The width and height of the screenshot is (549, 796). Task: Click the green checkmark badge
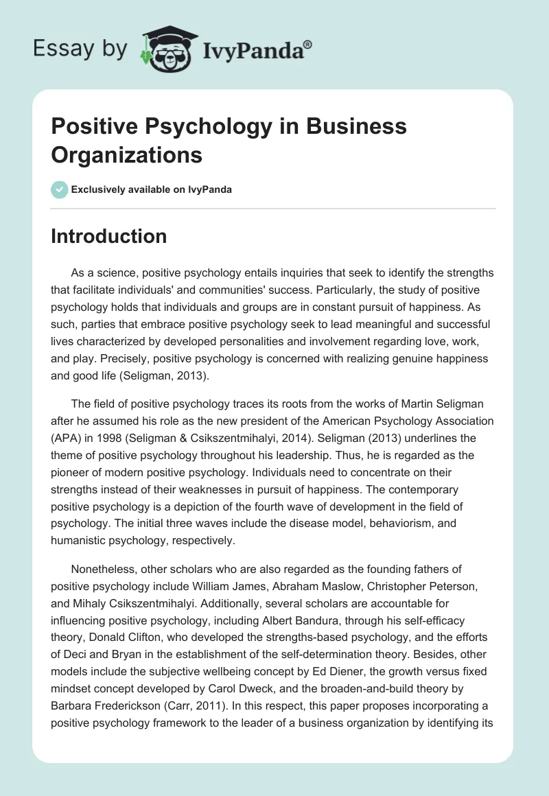(60, 189)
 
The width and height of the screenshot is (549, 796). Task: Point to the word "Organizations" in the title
(127, 154)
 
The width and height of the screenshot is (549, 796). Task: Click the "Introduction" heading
(109, 237)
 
